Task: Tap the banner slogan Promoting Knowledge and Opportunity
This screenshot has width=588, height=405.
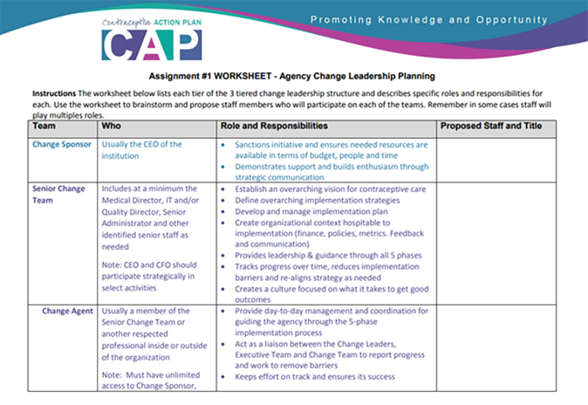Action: (x=429, y=19)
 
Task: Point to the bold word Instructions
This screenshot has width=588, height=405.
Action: (x=55, y=93)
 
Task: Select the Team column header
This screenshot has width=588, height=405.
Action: (x=44, y=126)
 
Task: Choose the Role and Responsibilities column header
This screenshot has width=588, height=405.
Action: (x=274, y=126)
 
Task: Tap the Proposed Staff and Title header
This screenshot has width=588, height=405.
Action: (x=491, y=126)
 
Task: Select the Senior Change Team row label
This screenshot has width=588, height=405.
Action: (x=59, y=194)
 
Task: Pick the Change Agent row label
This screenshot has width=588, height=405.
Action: (x=67, y=311)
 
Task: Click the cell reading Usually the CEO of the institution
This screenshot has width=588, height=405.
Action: (x=141, y=150)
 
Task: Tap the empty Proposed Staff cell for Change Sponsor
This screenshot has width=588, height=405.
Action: (x=495, y=159)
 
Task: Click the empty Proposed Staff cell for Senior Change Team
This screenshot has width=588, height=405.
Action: (x=495, y=242)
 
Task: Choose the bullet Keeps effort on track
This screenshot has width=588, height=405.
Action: (x=315, y=377)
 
